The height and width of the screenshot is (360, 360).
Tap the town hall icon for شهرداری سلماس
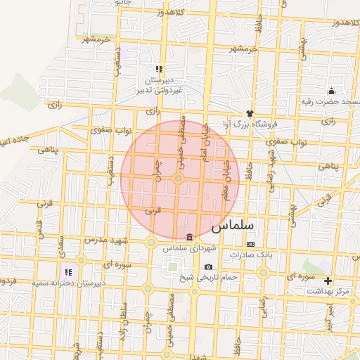[x=188, y=236]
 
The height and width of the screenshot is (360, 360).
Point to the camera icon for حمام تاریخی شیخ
[x=208, y=266]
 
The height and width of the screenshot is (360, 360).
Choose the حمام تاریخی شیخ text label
[x=211, y=277]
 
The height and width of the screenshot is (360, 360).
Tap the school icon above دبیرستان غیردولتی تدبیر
[x=159, y=69]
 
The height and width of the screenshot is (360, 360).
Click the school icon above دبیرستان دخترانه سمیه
[x=68, y=271]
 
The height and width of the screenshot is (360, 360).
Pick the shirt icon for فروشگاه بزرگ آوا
[x=249, y=112]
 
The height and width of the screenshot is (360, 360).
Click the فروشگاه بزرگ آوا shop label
[x=250, y=124]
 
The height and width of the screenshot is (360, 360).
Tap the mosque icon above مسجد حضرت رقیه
[x=331, y=91]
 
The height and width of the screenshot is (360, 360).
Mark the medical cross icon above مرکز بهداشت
[x=328, y=280]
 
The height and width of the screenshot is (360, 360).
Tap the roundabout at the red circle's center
[x=179, y=179]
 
